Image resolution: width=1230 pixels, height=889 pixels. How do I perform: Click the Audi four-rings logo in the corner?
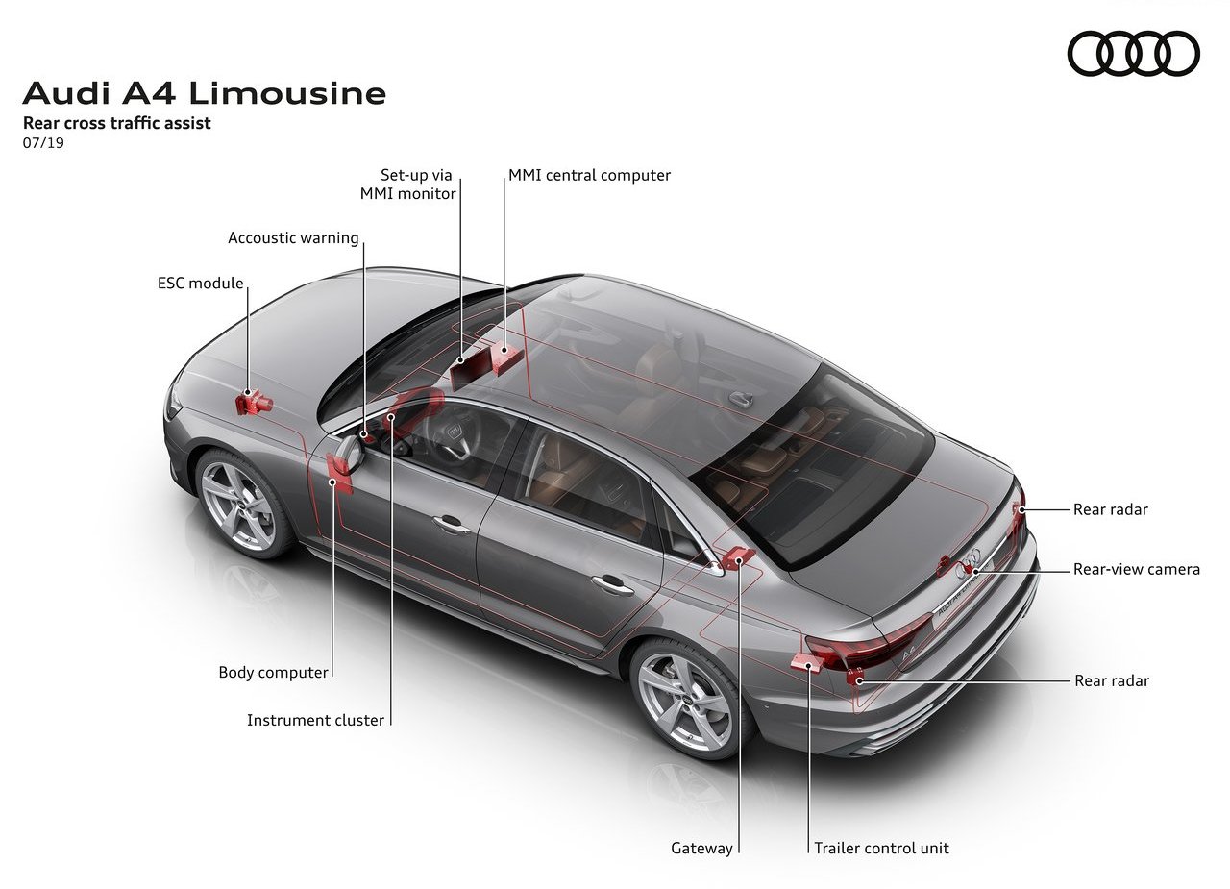tap(1133, 53)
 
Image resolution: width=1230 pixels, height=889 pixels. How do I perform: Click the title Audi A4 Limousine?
tap(205, 93)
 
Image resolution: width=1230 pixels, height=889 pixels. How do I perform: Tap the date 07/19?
tap(43, 143)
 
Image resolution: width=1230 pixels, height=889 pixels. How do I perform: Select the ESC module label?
tap(201, 283)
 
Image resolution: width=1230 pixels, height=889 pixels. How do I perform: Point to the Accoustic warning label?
tap(293, 237)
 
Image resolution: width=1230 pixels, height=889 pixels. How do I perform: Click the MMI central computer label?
tap(589, 175)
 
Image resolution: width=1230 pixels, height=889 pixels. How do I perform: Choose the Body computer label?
tap(273, 672)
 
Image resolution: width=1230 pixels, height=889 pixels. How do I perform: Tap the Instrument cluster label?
tap(315, 720)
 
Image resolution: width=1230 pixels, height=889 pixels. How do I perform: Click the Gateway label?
tap(701, 848)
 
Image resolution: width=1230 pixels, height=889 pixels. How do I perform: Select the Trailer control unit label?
tap(881, 848)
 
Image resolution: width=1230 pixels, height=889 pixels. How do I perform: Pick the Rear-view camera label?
tap(1136, 569)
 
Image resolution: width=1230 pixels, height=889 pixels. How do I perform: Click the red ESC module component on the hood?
tap(253, 403)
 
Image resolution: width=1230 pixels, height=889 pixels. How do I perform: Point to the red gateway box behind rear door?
tap(737, 558)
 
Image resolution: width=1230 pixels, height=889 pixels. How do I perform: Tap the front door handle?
tap(451, 524)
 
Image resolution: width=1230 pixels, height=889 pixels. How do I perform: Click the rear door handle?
tap(612, 584)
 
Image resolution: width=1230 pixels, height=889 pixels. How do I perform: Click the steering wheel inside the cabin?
tap(452, 436)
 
